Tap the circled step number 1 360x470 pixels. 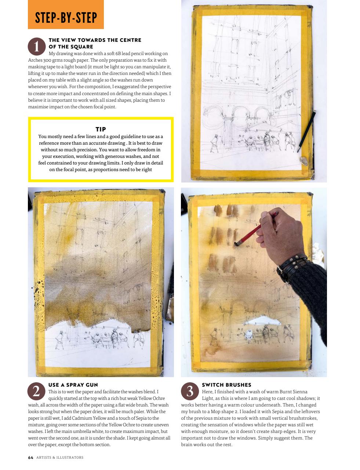pyautogui.click(x=36, y=47)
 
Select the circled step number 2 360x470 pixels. pyautogui.click(x=36, y=391)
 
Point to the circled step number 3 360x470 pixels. pyautogui.click(x=190, y=391)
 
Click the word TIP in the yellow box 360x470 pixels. pyautogui.click(x=101, y=129)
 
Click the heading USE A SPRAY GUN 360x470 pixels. pyautogui.click(x=73, y=385)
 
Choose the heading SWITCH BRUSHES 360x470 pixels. pyautogui.click(x=226, y=385)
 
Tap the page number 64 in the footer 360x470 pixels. pyautogui.click(x=30, y=458)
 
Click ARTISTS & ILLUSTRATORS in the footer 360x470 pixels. pyautogui.click(x=60, y=458)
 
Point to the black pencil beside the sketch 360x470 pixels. pyautogui.click(x=307, y=131)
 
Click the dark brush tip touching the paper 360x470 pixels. pyautogui.click(x=237, y=243)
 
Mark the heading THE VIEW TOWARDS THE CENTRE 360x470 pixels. pyautogui.click(x=95, y=40)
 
